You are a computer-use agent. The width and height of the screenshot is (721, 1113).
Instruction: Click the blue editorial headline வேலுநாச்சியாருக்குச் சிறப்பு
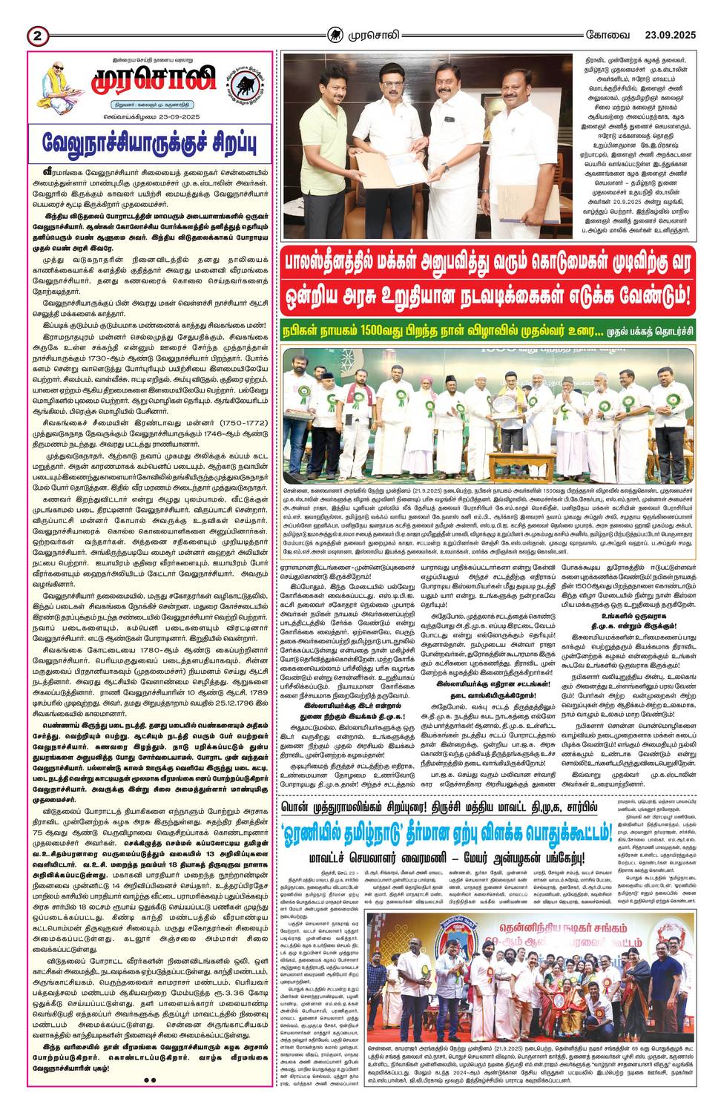pos(148,141)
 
